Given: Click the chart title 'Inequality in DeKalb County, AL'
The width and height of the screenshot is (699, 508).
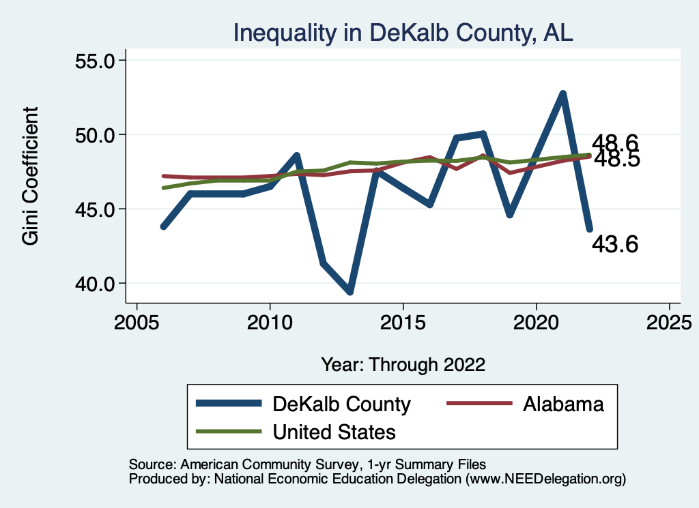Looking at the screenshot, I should [x=403, y=33].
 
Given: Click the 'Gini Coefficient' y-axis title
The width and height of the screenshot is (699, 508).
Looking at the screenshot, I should [x=31, y=176].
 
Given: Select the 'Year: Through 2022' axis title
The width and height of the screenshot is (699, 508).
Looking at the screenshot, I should [x=403, y=364].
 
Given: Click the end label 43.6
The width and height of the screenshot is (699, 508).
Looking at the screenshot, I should [x=614, y=244].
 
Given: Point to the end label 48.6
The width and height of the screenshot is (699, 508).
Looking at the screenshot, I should [x=614, y=143].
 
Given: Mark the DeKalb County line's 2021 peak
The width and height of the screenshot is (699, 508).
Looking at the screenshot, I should [x=562, y=93].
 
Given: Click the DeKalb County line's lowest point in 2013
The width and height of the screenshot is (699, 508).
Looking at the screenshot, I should [x=349, y=292].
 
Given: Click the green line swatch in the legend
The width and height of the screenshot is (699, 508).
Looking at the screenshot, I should [x=228, y=432].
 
